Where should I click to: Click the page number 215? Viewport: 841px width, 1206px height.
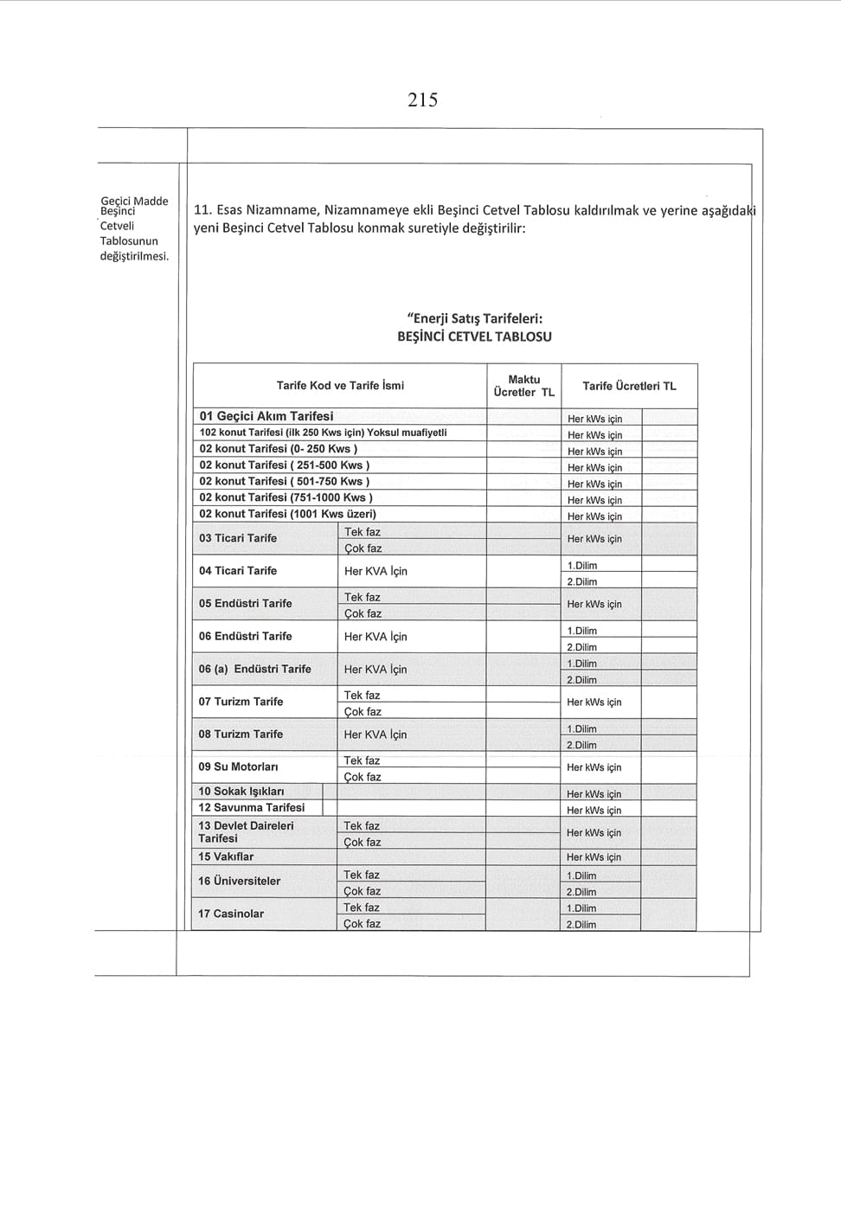click(422, 100)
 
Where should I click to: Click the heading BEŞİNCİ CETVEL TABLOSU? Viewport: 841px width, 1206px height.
click(474, 337)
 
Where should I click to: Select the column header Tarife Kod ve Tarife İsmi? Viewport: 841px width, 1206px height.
click(340, 386)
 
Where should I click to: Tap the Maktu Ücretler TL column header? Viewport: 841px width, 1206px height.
click(523, 386)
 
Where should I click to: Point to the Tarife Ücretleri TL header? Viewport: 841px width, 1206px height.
click(629, 386)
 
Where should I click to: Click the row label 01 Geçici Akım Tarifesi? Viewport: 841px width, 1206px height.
click(266, 416)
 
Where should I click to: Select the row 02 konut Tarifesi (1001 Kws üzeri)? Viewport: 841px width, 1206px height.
click(287, 514)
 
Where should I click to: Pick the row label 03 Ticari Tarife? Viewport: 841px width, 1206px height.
click(238, 538)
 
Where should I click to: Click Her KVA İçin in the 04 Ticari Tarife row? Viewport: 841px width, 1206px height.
click(376, 571)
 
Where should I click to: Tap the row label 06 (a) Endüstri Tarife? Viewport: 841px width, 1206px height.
click(254, 669)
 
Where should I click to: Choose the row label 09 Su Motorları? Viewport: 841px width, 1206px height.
click(238, 767)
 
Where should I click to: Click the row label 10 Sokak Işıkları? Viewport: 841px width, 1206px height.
click(241, 791)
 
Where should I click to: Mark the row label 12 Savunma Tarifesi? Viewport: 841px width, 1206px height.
click(251, 807)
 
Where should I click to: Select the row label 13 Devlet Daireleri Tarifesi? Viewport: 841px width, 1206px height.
click(246, 832)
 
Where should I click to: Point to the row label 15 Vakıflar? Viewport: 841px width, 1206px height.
click(226, 856)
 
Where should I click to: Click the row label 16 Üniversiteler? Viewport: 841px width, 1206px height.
click(239, 881)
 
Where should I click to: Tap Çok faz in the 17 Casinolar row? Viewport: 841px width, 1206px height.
click(362, 924)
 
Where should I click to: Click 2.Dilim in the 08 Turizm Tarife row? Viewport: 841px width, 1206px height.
click(581, 745)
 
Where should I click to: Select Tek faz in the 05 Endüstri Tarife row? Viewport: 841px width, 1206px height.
click(362, 597)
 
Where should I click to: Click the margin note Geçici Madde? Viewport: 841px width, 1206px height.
click(134, 201)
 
